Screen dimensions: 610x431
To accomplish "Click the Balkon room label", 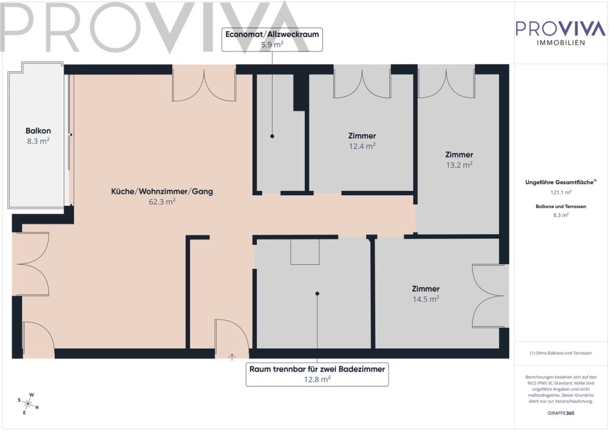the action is point(38,131).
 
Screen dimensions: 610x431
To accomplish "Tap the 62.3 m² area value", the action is point(162,201).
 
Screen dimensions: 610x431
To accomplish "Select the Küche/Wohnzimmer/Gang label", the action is point(162,191).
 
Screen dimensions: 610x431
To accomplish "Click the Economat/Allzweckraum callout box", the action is point(272,39).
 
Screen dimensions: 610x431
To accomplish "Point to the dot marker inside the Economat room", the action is point(272,137).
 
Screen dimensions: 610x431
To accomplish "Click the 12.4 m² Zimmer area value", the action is point(362,146).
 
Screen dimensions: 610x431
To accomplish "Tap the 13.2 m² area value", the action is point(459,165).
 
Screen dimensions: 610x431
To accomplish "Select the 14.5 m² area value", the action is point(426,299).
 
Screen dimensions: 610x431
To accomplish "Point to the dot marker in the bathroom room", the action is point(317,293).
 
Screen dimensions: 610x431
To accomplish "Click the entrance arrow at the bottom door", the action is point(232,357).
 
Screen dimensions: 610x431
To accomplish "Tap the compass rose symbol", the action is point(28,404).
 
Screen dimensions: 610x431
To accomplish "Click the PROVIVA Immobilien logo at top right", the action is point(561,33).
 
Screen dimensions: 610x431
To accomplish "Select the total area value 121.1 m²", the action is point(561,192).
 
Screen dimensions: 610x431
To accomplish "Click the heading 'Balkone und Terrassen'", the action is point(561,207).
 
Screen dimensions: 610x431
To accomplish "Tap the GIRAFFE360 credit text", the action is point(561,413).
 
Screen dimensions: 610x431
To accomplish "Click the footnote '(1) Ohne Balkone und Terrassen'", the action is point(561,353).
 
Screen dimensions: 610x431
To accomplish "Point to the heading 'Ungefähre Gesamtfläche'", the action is point(559,182).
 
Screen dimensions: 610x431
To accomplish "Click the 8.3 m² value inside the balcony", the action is point(38,141).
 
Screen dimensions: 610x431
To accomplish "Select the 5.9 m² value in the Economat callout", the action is point(272,45).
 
